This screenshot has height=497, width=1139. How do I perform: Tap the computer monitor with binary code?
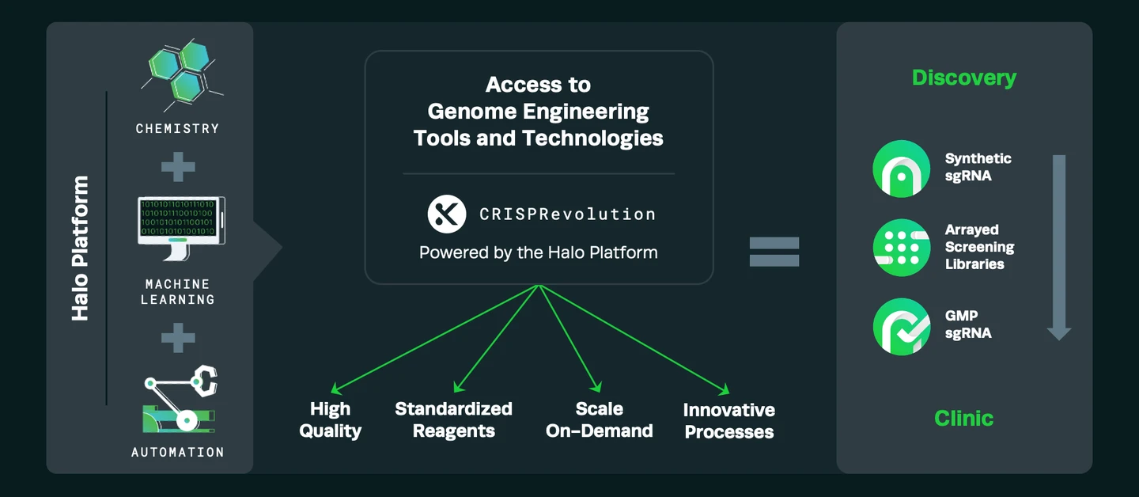click(x=181, y=227)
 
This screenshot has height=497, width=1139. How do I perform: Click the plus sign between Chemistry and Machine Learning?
click(x=178, y=166)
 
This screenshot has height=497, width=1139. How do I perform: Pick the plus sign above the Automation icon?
click(x=178, y=338)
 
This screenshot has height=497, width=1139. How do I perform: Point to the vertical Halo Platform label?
click(x=80, y=248)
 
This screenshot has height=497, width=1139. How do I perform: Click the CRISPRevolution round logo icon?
click(x=448, y=214)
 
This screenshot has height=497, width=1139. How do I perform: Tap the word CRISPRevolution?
click(x=567, y=214)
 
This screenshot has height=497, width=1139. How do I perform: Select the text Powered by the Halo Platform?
click(x=538, y=253)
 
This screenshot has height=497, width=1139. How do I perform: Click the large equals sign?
click(x=774, y=252)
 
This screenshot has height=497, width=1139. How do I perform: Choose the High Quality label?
click(x=330, y=420)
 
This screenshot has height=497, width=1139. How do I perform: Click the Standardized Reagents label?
click(x=453, y=420)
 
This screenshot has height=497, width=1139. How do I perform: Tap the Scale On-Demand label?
click(x=599, y=420)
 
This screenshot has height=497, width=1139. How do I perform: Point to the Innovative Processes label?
click(x=728, y=421)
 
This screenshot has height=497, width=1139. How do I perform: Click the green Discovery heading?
click(x=963, y=78)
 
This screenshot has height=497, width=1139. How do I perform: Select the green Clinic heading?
click(x=963, y=418)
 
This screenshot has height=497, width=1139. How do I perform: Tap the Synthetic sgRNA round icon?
click(x=901, y=168)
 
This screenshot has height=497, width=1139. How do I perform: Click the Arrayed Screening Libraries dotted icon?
click(x=901, y=247)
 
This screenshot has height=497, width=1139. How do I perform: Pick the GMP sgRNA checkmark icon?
click(x=901, y=326)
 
